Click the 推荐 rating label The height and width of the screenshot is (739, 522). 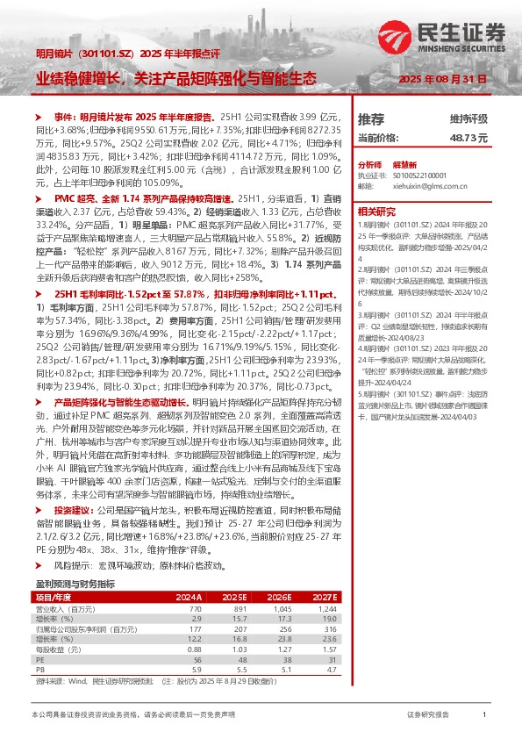[372, 118]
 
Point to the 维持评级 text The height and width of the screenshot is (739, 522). [468, 118]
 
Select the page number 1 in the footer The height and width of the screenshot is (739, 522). [484, 716]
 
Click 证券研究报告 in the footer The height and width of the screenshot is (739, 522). [429, 716]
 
